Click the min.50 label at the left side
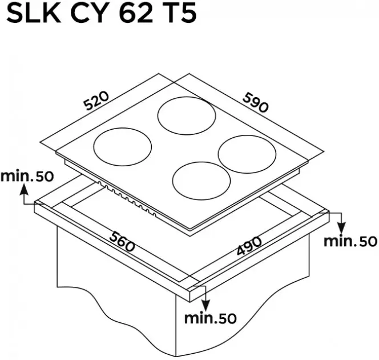coord(26,175)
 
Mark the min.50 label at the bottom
coord(210,318)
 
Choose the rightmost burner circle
coord(248,153)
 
